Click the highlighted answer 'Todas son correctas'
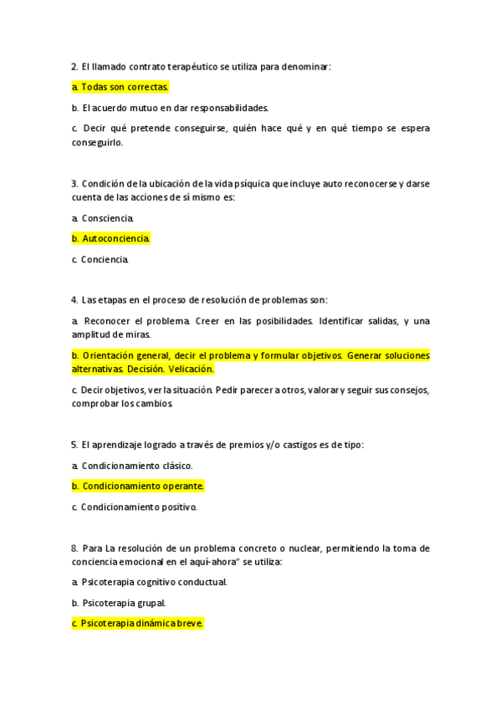pyautogui.click(x=124, y=87)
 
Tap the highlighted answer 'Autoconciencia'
pyautogui.click(x=115, y=239)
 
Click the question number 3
pyautogui.click(x=74, y=184)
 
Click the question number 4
pyautogui.click(x=74, y=300)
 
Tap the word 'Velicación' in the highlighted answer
pyautogui.click(x=191, y=369)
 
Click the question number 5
pyautogui.click(x=74, y=445)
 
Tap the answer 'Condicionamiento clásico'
pyautogui.click(x=136, y=466)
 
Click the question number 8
pyautogui.click(x=74, y=548)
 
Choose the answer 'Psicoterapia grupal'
pyautogui.click(x=123, y=602)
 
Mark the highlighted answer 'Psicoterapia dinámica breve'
pyautogui.click(x=142, y=623)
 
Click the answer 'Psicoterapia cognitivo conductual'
pyautogui.click(x=154, y=582)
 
